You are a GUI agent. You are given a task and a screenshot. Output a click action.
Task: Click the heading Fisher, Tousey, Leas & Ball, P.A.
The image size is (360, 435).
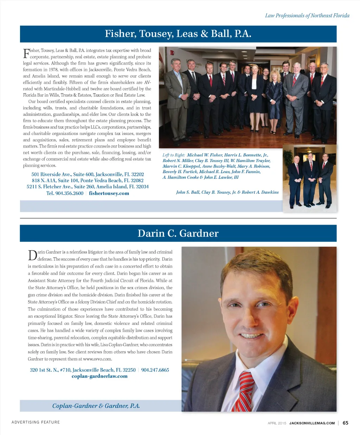(x=178, y=34)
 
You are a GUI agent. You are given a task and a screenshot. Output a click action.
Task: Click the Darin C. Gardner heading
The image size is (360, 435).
(x=178, y=233)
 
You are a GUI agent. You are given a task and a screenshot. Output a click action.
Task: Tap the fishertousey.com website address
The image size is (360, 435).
(x=109, y=193)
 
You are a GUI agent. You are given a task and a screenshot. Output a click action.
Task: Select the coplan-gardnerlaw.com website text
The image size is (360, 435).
(x=99, y=376)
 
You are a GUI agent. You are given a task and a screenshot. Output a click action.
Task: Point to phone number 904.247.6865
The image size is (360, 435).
(x=155, y=370)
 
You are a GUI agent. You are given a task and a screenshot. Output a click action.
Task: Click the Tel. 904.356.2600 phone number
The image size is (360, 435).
(x=65, y=193)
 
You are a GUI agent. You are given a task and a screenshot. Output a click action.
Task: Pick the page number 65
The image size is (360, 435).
(x=346, y=423)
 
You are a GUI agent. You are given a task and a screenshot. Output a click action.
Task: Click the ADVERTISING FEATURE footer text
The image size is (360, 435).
(x=36, y=422)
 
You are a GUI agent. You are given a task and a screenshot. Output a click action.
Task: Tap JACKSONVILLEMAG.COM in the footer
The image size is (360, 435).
(x=312, y=423)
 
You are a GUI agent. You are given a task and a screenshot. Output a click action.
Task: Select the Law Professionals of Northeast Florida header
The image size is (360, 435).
(x=307, y=15)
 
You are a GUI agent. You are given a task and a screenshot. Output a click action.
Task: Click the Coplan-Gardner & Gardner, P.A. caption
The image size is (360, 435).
(x=96, y=406)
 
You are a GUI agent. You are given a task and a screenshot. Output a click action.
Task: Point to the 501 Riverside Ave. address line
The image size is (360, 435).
(x=88, y=174)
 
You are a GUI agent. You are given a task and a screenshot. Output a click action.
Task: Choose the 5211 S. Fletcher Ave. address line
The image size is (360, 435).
(x=88, y=187)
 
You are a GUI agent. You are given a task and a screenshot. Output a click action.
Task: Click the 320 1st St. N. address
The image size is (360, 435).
(x=83, y=370)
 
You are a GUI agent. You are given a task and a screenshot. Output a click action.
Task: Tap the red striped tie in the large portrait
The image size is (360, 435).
(x=246, y=390)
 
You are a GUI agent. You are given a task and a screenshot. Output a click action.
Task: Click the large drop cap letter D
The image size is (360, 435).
(x=32, y=256)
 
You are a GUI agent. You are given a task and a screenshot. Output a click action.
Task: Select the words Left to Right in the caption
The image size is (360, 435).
(x=174, y=155)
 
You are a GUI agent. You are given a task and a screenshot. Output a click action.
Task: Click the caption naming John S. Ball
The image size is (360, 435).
(x=227, y=192)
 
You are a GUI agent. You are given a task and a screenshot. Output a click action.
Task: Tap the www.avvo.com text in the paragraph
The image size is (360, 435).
(x=97, y=359)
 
